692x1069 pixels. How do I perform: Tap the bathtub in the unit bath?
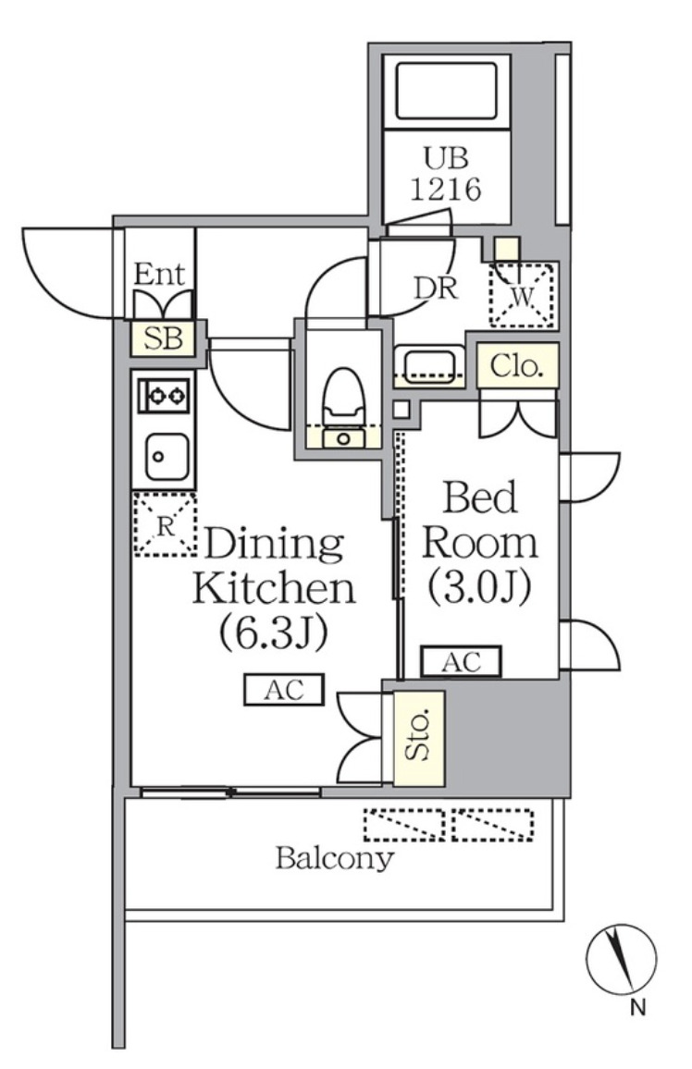pyautogui.click(x=446, y=91)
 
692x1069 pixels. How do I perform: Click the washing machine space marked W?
pyautogui.click(x=522, y=296)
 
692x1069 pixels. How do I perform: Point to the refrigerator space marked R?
pyautogui.click(x=165, y=525)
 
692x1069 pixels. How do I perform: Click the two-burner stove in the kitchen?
pyautogui.click(x=164, y=396)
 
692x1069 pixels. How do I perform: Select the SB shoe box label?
pyautogui.click(x=163, y=338)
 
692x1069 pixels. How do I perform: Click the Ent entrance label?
pyautogui.click(x=159, y=274)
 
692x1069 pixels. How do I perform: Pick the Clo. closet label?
pyautogui.click(x=517, y=365)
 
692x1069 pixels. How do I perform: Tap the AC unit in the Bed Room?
pyautogui.click(x=461, y=661)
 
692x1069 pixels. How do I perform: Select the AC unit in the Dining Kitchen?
pyautogui.click(x=284, y=690)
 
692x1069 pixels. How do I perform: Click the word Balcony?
pyautogui.click(x=335, y=858)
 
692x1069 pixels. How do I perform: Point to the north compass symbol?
pyautogui.click(x=621, y=959)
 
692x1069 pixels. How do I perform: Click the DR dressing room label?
pyautogui.click(x=436, y=288)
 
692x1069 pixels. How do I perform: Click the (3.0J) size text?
pyautogui.click(x=479, y=587)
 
